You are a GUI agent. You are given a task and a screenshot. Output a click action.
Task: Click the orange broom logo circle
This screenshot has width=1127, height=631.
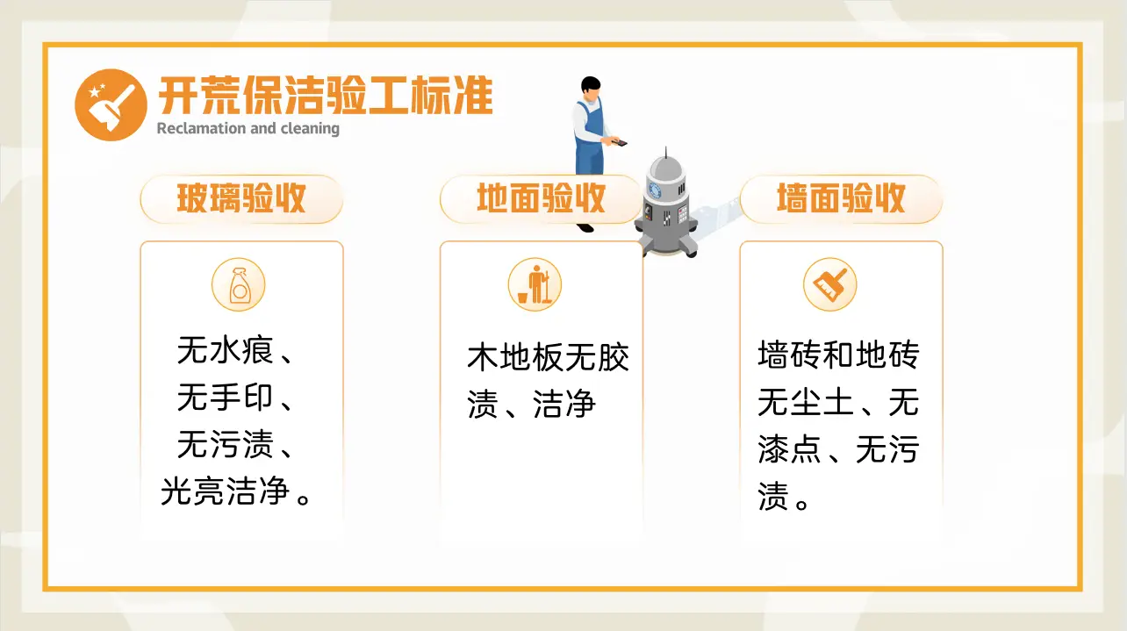point(111,105)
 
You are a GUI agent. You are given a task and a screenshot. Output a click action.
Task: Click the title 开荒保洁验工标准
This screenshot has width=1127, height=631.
point(325,96)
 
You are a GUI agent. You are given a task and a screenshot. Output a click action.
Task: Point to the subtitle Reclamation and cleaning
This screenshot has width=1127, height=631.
point(248,129)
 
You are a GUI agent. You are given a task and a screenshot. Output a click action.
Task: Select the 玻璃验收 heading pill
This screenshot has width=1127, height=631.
point(241,199)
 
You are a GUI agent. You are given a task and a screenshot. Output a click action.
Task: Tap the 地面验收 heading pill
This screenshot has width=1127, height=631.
point(541,199)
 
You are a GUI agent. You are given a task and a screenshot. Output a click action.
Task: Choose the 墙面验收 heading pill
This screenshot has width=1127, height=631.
point(841,199)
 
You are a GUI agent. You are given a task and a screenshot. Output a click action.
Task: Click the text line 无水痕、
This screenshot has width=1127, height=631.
point(234,352)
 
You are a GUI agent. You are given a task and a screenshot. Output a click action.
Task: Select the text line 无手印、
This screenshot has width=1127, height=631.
point(234,398)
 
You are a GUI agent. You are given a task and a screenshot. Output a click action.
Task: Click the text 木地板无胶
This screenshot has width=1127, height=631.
point(549,357)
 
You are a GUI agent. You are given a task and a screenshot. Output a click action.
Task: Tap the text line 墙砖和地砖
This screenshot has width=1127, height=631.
point(838,356)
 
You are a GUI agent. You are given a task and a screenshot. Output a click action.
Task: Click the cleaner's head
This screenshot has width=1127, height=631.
point(591,88)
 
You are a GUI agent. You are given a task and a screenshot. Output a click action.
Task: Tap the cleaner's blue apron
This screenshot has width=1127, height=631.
point(591,140)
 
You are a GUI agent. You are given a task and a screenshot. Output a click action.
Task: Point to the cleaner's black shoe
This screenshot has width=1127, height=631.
point(585,228)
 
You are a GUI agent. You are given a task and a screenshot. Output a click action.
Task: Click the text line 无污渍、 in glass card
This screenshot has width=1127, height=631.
point(234,446)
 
